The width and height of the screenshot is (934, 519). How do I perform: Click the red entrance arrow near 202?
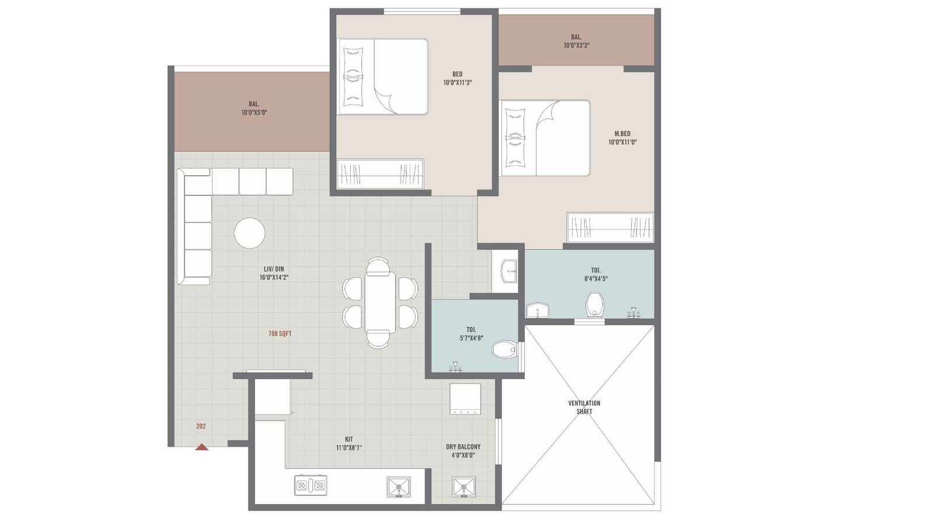click(201, 447)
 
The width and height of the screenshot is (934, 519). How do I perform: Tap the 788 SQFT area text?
click(280, 334)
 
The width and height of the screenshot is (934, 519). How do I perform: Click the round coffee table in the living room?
click(249, 232)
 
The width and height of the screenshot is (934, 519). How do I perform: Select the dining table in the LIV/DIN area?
click(380, 302)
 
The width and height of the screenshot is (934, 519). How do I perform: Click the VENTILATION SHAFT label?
click(584, 407)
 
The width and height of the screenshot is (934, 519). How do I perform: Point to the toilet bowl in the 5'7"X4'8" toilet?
click(504, 350)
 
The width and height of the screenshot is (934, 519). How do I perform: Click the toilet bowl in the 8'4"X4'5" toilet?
click(595, 305)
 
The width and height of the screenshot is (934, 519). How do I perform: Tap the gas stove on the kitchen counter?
click(311, 485)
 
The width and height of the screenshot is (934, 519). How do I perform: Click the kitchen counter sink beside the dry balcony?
click(399, 486)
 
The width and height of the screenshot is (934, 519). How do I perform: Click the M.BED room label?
click(622, 138)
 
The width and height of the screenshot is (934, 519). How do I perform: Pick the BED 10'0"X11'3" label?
click(457, 78)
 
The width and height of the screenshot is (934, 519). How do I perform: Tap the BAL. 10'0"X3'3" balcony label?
click(576, 41)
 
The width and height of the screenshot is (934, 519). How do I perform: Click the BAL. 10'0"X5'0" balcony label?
click(254, 108)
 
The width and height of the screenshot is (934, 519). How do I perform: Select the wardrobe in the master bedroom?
click(610, 228)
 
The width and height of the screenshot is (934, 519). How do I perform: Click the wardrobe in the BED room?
click(381, 174)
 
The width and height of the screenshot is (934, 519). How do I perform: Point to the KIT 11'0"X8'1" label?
click(349, 443)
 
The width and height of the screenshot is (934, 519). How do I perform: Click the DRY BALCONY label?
click(463, 451)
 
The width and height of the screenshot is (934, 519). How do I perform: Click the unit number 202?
click(201, 426)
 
